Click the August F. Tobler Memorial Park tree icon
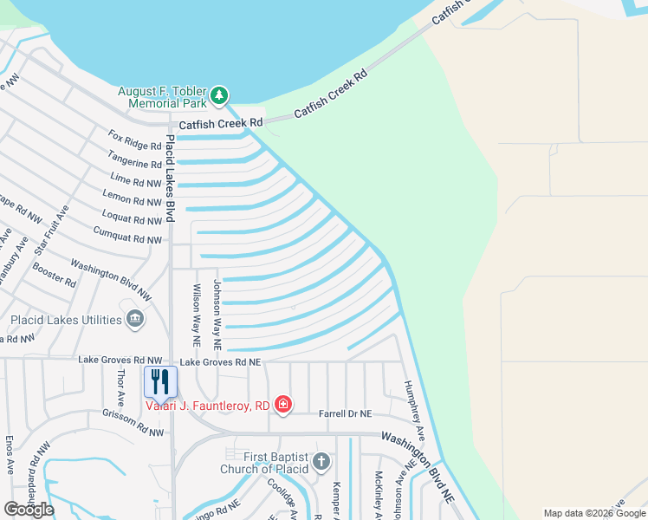tap(220, 94)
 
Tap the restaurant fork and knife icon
tap(160, 381)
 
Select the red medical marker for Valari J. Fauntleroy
tap(282, 404)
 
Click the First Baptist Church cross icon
tap(321, 462)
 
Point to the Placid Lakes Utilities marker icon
tap(135, 320)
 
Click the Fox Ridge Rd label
tap(135, 140)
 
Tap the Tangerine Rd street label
tap(134, 160)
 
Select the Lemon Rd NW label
tap(132, 199)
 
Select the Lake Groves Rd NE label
tap(220, 362)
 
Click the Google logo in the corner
tap(29, 510)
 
